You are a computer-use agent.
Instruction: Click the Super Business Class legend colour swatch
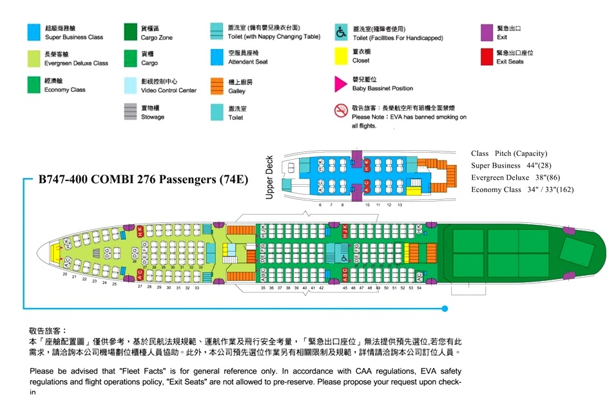[33, 32]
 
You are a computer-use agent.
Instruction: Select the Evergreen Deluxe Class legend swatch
[33, 59]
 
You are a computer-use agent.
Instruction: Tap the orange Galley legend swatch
[217, 86]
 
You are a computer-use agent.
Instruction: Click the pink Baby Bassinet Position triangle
[340, 84]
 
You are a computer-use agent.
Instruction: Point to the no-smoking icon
[341, 111]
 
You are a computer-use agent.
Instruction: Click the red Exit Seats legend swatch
[486, 57]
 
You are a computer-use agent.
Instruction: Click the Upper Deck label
[270, 177]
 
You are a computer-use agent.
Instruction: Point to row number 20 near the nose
[64, 275]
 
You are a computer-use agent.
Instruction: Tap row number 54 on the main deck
[419, 288]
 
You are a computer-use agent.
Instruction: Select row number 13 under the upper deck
[399, 204]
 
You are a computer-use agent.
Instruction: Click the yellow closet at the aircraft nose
[55, 253]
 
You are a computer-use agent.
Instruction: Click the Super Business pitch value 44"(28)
[532, 166]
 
